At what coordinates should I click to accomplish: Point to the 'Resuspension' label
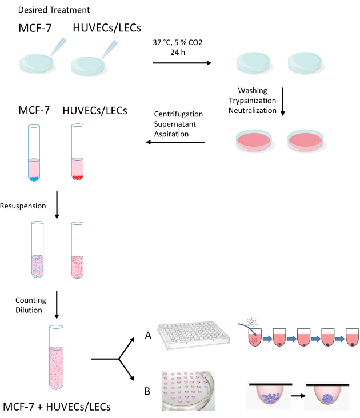pos(23,205)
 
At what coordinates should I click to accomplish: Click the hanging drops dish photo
pos(189,391)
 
